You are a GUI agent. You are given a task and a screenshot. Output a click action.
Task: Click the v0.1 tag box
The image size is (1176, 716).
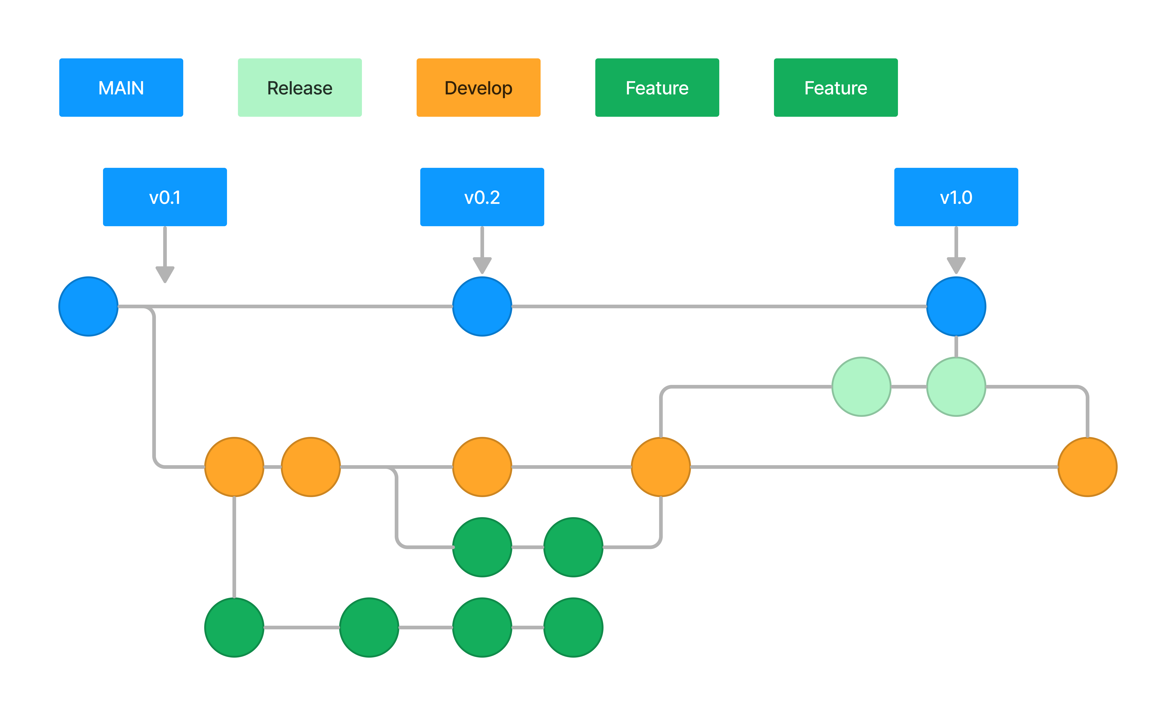(165, 197)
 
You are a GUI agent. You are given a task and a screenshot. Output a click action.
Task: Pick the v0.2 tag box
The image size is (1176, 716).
(482, 197)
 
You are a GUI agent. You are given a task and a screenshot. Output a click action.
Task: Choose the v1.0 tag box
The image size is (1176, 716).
(956, 197)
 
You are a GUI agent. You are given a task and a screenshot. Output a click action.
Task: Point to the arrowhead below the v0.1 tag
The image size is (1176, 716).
(165, 275)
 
